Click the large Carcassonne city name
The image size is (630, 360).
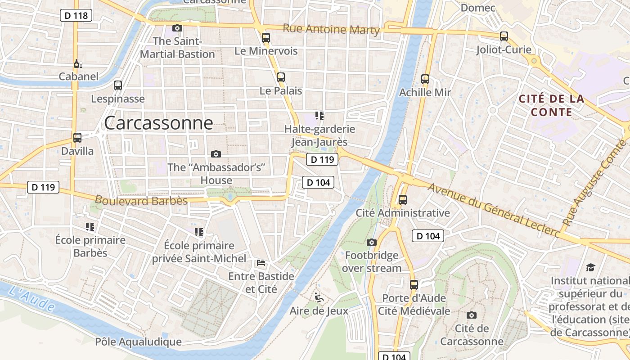tap(158, 123)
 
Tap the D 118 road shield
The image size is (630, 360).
tap(76, 16)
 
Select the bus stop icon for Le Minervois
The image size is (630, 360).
tap(266, 38)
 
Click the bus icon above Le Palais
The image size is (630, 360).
tap(281, 77)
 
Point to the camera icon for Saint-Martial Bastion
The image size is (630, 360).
tap(177, 28)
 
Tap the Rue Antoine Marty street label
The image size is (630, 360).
tap(331, 29)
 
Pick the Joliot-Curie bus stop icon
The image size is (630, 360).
tap(504, 36)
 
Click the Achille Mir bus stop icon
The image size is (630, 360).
tap(425, 79)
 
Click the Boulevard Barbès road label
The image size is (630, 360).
tap(141, 200)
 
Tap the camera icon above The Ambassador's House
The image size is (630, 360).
tap(216, 154)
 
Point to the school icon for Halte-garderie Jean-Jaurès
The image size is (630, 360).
tap(319, 116)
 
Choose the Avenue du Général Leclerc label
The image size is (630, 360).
tap(493, 211)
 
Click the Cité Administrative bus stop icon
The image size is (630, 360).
tap(403, 199)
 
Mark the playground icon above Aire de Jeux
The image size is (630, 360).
tap(319, 297)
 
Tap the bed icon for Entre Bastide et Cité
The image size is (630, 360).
tap(261, 263)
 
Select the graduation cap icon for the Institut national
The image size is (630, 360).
tap(590, 268)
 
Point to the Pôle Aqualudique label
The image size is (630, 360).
tap(138, 342)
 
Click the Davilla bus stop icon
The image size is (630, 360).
tap(77, 138)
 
